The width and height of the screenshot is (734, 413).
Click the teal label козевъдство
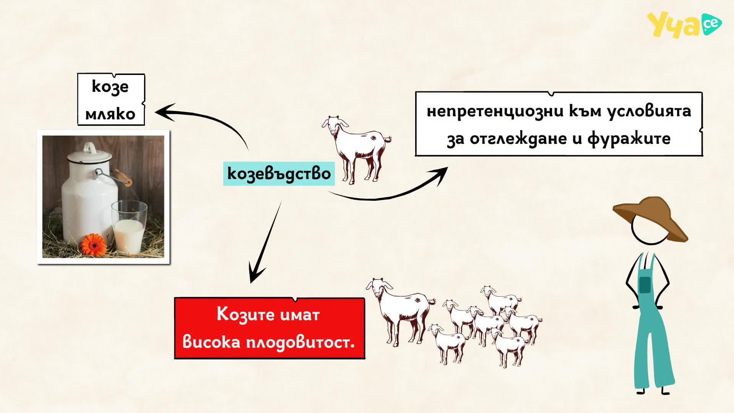[279, 174]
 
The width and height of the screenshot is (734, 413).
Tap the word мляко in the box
[110, 114]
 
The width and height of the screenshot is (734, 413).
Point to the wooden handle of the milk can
[122, 177]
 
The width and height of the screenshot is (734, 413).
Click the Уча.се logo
[684, 25]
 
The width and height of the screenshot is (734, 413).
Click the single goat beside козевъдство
[356, 150]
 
